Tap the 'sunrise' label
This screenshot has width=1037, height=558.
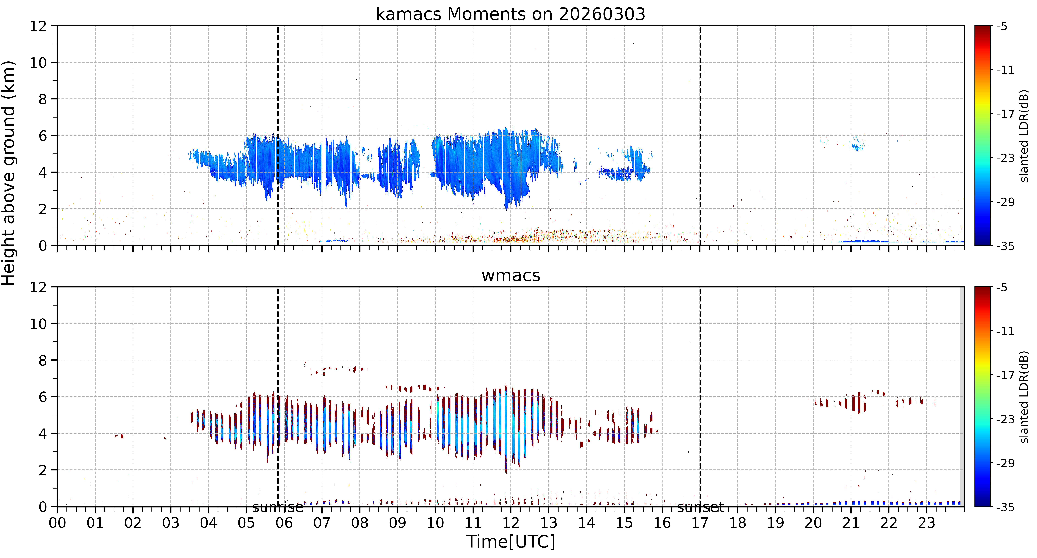[x=278, y=508]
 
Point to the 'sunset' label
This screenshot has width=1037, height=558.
[x=700, y=508]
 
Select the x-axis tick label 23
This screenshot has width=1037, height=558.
[x=926, y=523]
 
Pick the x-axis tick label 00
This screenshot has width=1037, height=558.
[x=58, y=523]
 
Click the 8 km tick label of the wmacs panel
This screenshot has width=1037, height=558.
[x=43, y=360]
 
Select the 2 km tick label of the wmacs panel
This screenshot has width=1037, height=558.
[x=43, y=470]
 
